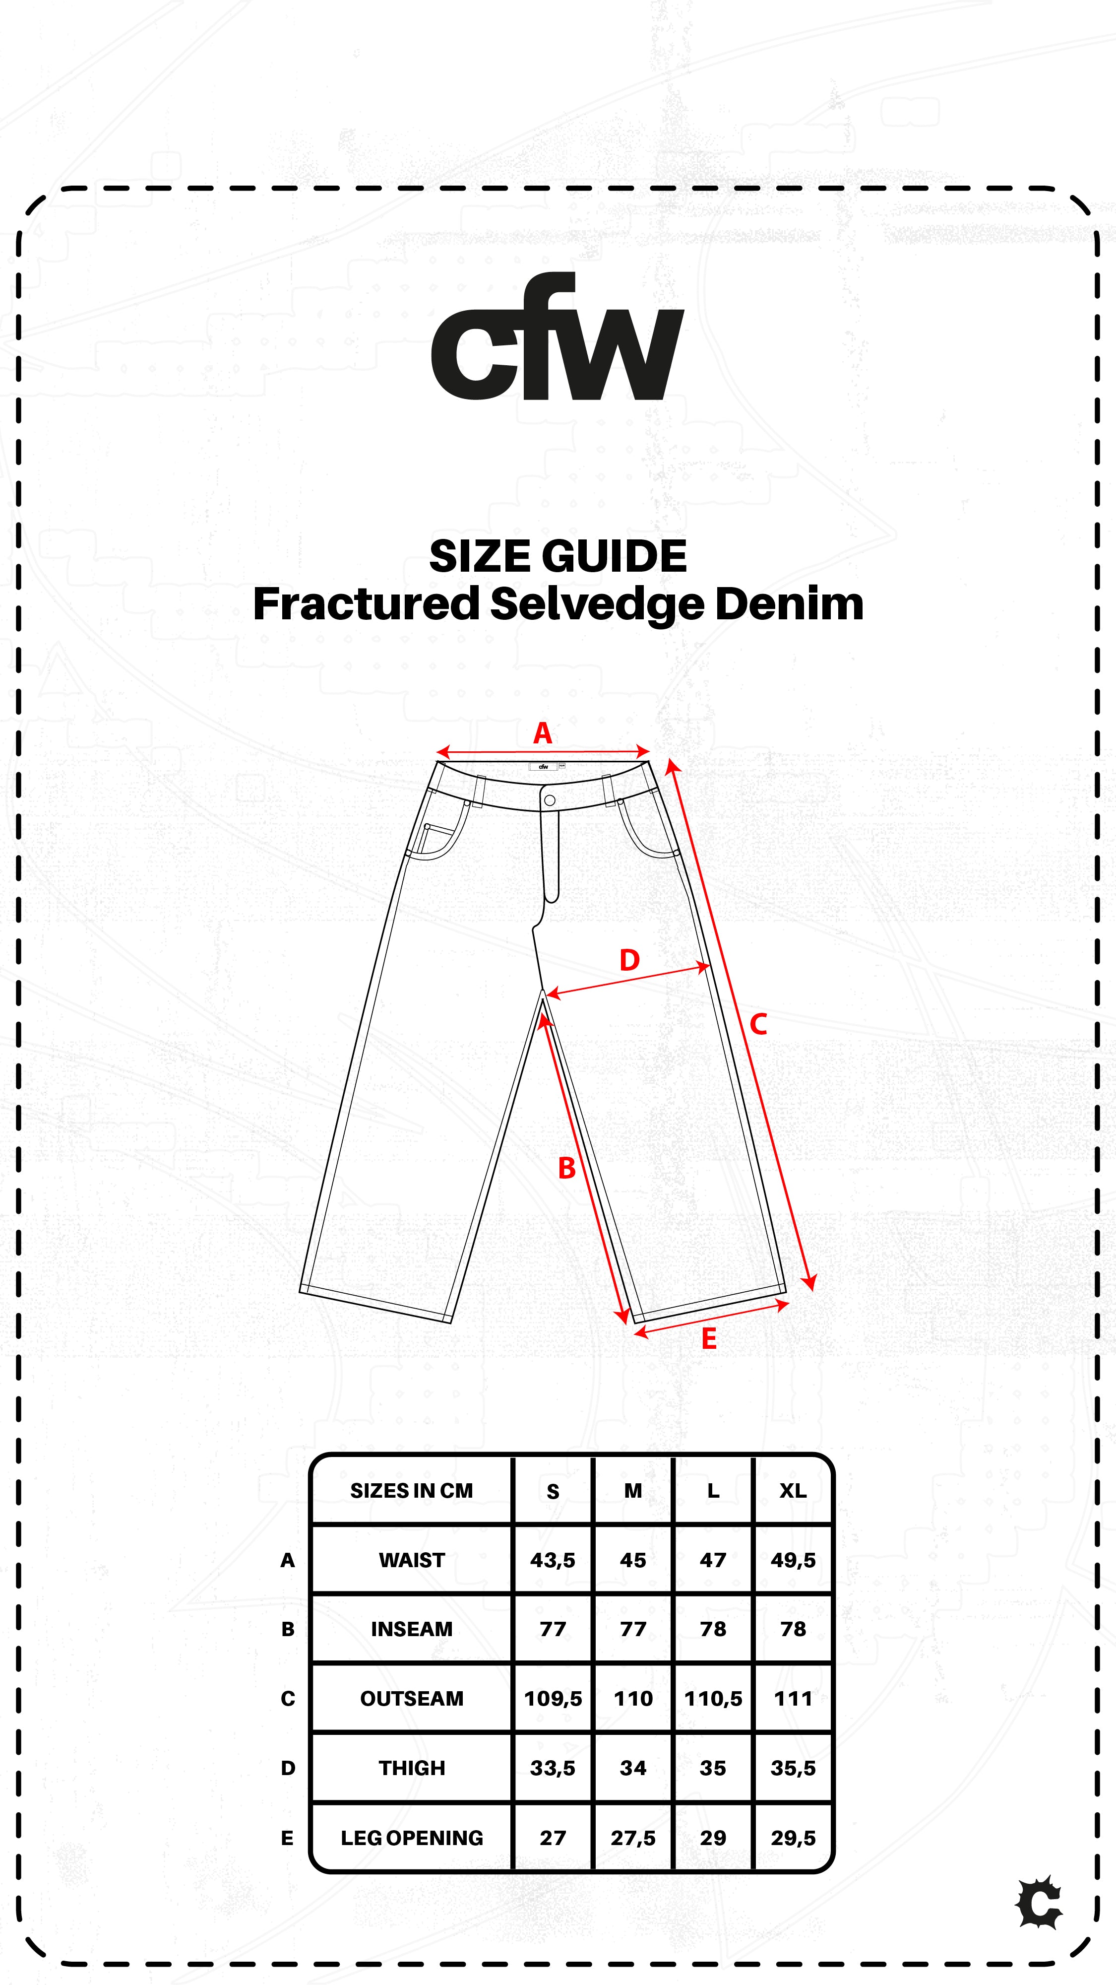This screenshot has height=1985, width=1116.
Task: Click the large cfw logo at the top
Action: [x=558, y=337]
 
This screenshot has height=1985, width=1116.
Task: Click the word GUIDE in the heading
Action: [x=614, y=556]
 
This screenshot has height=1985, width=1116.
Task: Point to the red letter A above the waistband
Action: [x=542, y=733]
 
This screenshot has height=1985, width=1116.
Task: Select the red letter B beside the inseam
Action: [x=567, y=1168]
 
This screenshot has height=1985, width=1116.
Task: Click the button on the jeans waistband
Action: [x=549, y=800]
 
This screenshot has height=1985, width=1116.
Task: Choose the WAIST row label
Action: [x=411, y=1560]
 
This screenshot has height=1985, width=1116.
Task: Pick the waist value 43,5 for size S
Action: [x=552, y=1560]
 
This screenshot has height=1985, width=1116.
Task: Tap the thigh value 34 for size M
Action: [x=633, y=1768]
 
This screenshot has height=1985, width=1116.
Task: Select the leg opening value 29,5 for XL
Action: [x=793, y=1838]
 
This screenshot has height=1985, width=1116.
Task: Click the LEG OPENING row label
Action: [x=411, y=1838]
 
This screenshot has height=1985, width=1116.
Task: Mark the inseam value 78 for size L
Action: [x=713, y=1629]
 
